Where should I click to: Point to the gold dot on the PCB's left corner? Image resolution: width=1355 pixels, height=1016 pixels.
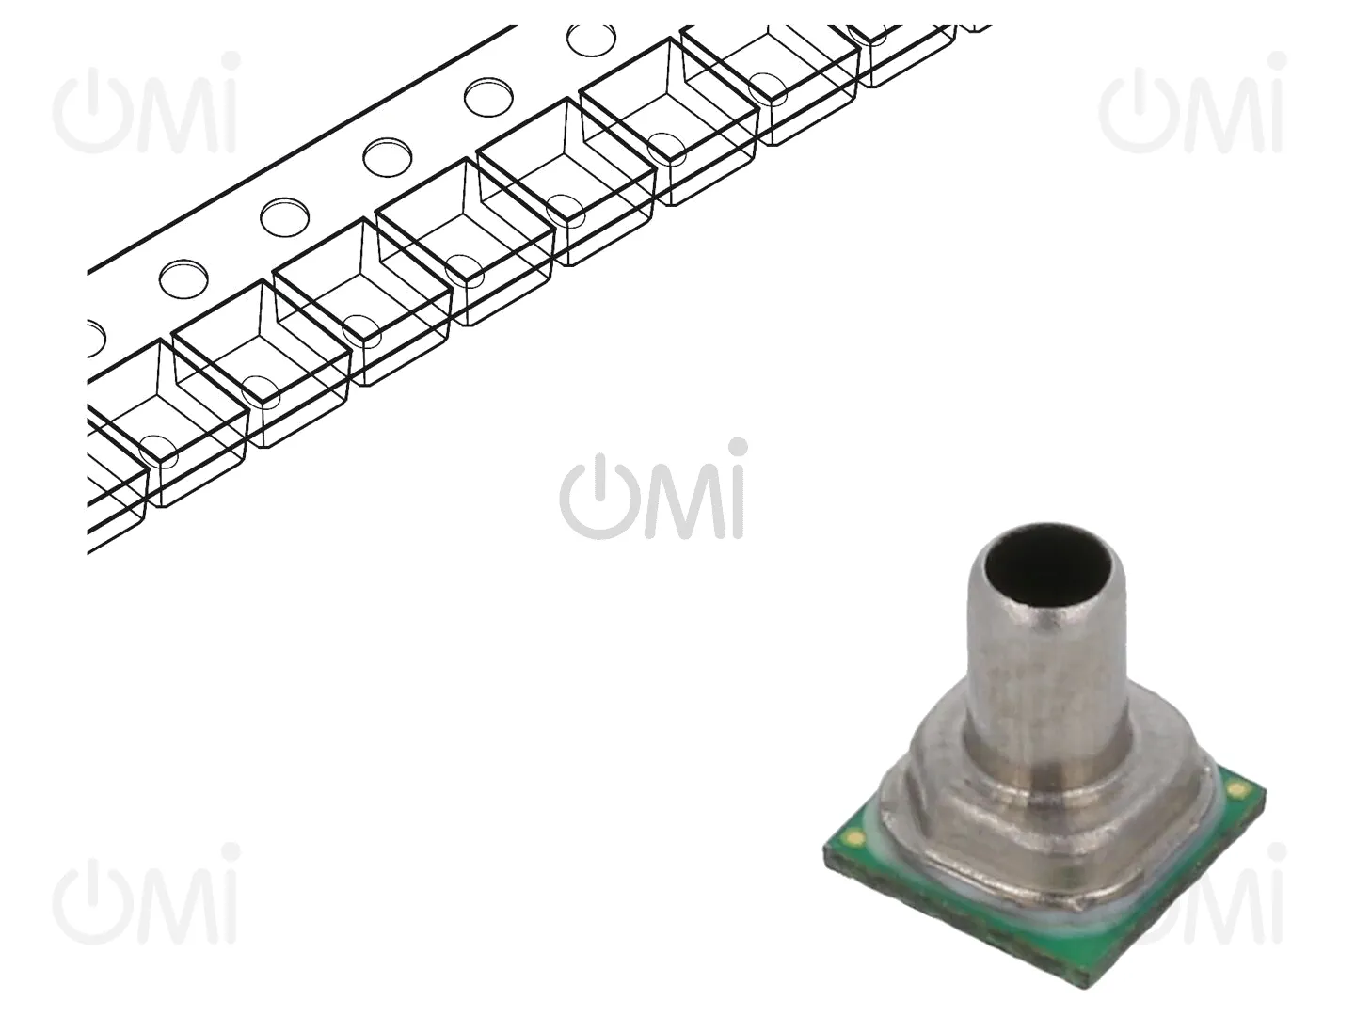click(x=855, y=837)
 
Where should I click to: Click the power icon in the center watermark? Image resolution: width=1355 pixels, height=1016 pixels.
click(x=598, y=498)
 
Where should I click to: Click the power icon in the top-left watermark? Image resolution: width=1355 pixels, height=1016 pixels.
click(x=91, y=111)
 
